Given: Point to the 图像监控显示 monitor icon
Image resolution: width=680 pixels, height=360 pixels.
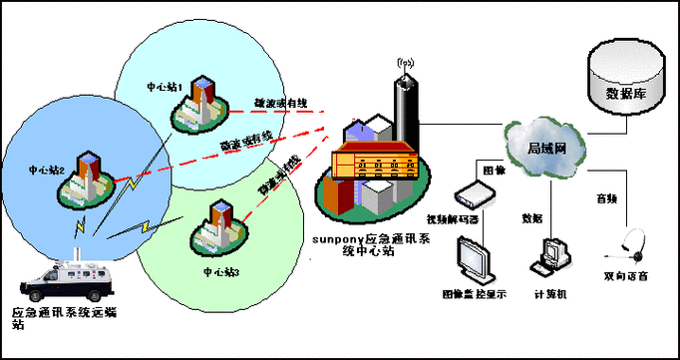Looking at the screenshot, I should (x=475, y=260).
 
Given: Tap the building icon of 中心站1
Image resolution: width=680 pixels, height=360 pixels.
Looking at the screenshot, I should (x=204, y=102).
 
